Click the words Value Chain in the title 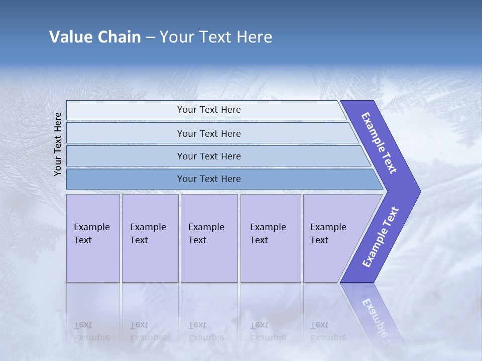point(95,37)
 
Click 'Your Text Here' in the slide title point(216,37)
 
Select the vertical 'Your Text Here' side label point(58,144)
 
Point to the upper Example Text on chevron point(379,143)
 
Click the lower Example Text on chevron point(381,237)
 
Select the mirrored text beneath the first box point(92,331)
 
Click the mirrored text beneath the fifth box point(328,331)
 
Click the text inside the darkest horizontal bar point(209,179)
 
